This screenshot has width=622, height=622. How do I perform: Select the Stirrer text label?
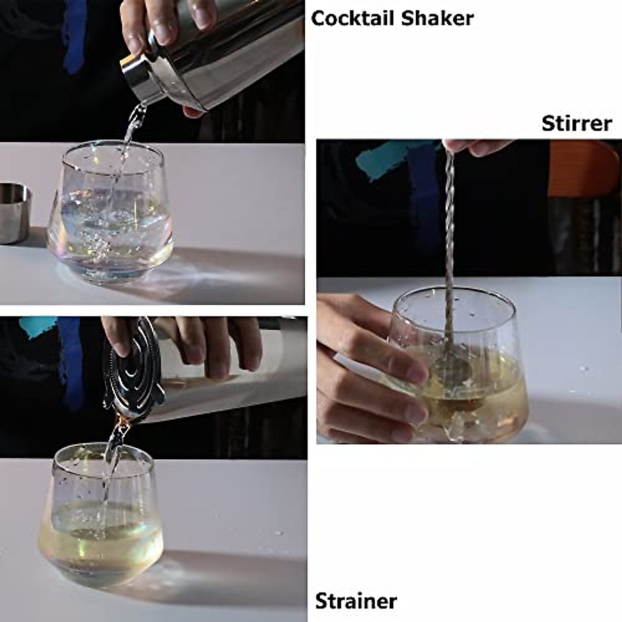576,123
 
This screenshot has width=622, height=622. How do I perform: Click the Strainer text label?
356,601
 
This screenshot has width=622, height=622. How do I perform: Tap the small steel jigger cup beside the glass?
14,213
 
